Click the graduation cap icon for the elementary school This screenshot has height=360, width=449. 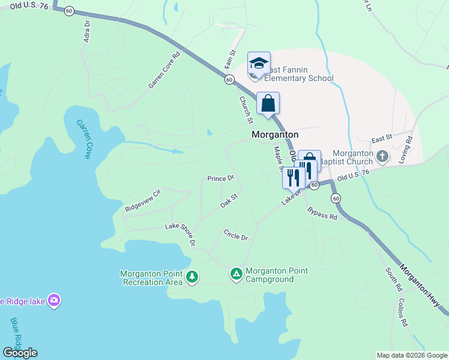[259, 63]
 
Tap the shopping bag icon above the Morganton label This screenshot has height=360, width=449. [268, 103]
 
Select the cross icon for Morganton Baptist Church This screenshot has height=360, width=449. [383, 157]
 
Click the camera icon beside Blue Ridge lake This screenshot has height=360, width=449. [54, 301]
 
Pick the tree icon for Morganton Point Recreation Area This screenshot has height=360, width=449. [192, 277]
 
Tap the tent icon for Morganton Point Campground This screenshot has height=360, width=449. [237, 274]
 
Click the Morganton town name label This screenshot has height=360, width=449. [275, 135]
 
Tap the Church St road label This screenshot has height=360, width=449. [246, 110]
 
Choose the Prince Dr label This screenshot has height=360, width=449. [220, 178]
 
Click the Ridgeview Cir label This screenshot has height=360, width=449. [143, 200]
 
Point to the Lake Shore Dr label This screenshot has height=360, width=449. [181, 234]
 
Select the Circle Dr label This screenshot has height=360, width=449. [235, 235]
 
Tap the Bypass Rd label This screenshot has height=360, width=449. [322, 213]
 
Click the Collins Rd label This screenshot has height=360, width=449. [403, 313]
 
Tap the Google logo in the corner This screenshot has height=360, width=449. [20, 353]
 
